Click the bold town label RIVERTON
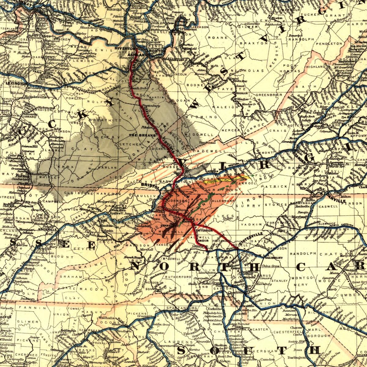(x=125, y=49)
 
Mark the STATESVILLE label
(x=251, y=239)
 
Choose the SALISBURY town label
(x=274, y=258)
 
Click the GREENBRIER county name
(x=269, y=95)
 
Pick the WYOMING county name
(x=206, y=117)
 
